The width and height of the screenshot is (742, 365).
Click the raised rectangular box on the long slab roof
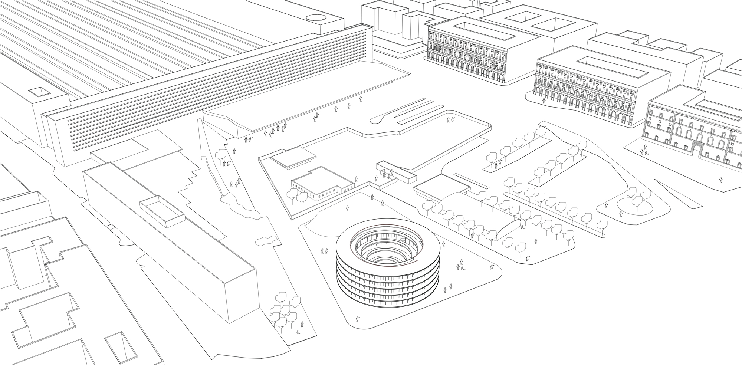pos(162,213)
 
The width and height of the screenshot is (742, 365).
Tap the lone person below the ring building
pos(357,319)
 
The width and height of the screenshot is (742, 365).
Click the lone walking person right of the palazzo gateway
pos(720,180)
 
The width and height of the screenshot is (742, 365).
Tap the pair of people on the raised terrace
pos(451,119)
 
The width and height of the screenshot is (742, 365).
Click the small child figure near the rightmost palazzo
pos(646,153)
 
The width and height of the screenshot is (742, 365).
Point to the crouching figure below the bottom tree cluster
pos(298,332)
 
